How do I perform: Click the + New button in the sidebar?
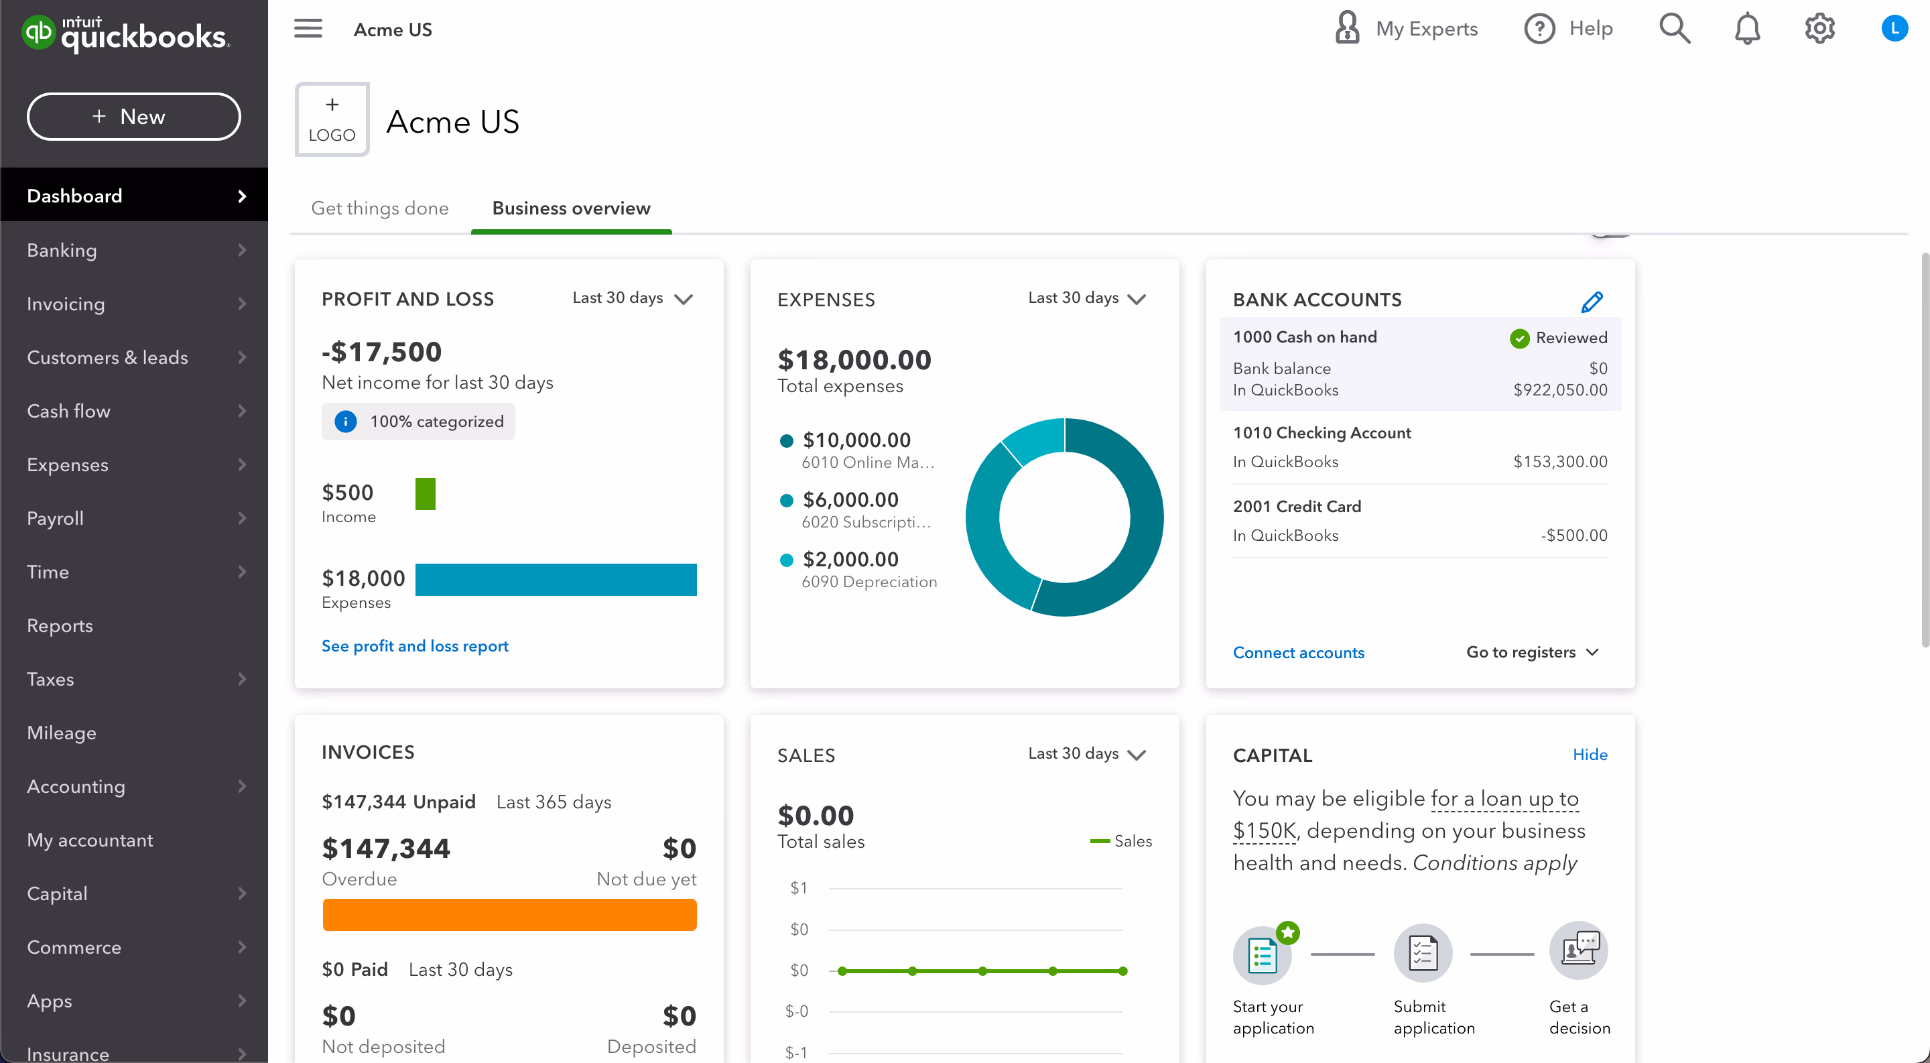133,117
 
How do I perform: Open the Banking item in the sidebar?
62,250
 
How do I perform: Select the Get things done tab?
380,208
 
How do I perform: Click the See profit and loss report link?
414,645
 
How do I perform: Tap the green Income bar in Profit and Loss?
425,495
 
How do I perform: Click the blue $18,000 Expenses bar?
555,580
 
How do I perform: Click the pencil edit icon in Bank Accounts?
1592,302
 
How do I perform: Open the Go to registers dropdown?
1531,653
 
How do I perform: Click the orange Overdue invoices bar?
509,915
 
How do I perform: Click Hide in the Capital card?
1589,755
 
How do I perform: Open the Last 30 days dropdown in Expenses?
1086,298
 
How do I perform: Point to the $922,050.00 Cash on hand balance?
1560,389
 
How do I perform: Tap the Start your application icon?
1263,954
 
